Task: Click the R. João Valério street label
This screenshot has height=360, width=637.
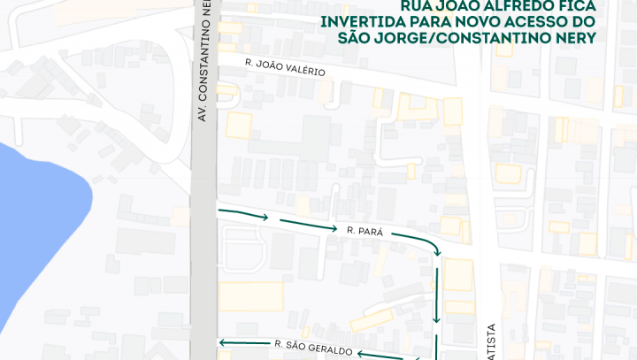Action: [285, 68]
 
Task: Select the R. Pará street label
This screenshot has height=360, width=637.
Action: [363, 231]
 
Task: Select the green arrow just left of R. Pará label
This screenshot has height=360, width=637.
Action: [309, 225]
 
